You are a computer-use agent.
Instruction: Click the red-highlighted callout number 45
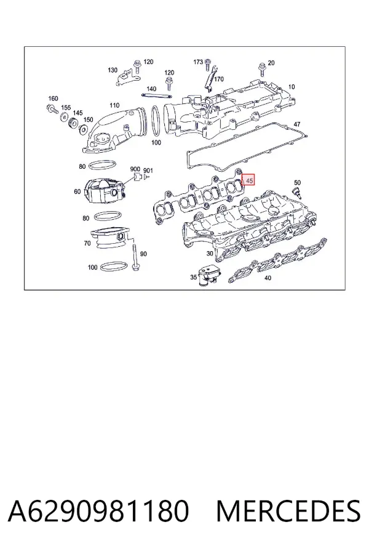point(250,180)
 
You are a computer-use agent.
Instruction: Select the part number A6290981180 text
point(98,510)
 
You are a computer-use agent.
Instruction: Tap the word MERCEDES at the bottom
point(288,510)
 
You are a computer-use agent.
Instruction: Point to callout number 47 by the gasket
point(297,124)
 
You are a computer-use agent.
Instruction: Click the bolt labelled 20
point(262,70)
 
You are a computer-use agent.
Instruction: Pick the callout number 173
point(198,62)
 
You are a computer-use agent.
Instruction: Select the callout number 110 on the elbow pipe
point(114,105)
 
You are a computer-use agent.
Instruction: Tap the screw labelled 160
point(53,108)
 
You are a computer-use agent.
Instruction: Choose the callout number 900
point(135,170)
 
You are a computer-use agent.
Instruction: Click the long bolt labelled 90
point(135,257)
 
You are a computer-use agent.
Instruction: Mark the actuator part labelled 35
point(207,275)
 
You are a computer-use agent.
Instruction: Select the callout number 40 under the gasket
point(268,278)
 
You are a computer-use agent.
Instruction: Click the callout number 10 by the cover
point(292,87)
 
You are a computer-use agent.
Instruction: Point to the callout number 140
point(151,89)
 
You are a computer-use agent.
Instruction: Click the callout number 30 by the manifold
point(210,254)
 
